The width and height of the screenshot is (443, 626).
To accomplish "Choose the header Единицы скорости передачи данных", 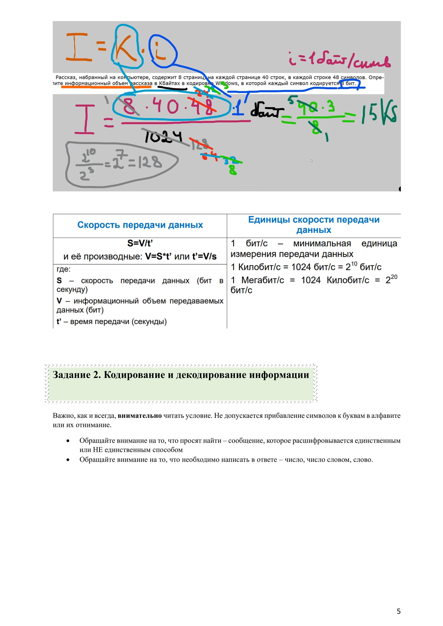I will pyautogui.click(x=314, y=225).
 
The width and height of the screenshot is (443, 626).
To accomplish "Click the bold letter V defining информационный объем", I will pyautogui.click(x=59, y=301).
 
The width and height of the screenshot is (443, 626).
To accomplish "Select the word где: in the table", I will pyautogui.click(x=63, y=269).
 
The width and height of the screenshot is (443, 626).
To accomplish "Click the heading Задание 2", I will pyautogui.click(x=77, y=375).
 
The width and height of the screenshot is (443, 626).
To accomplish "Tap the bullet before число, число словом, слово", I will pyautogui.click(x=68, y=460).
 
